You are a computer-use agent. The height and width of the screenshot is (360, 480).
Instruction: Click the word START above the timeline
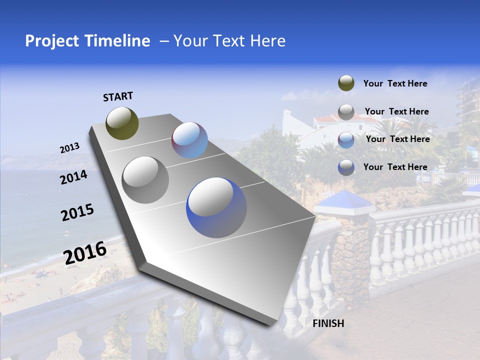tap(118, 96)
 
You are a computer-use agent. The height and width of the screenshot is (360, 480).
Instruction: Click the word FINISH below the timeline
tap(328, 323)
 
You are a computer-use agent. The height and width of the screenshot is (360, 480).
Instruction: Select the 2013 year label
tap(70, 148)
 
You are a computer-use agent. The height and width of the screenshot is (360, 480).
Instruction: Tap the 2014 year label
tap(74, 177)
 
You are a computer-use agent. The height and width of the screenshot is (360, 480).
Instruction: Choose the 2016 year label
tap(85, 252)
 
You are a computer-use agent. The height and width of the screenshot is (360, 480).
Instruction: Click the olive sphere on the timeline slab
tap(122, 123)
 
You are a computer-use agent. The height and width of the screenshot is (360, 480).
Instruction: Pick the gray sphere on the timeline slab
tap(145, 179)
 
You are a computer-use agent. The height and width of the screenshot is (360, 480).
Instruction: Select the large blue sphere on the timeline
tap(216, 207)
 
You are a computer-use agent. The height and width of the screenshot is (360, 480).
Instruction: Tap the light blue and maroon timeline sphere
tap(189, 140)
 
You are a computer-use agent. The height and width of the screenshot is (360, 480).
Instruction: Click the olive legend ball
tap(346, 83)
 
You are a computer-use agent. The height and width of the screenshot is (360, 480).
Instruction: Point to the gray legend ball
tap(346, 112)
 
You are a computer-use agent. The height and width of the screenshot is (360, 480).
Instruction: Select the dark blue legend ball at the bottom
tap(346, 167)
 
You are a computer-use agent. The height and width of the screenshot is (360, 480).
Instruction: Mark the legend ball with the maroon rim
tap(346, 139)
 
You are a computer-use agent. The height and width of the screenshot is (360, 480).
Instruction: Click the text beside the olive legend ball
tap(395, 83)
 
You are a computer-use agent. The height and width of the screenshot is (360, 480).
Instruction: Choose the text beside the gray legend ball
tap(396, 111)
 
